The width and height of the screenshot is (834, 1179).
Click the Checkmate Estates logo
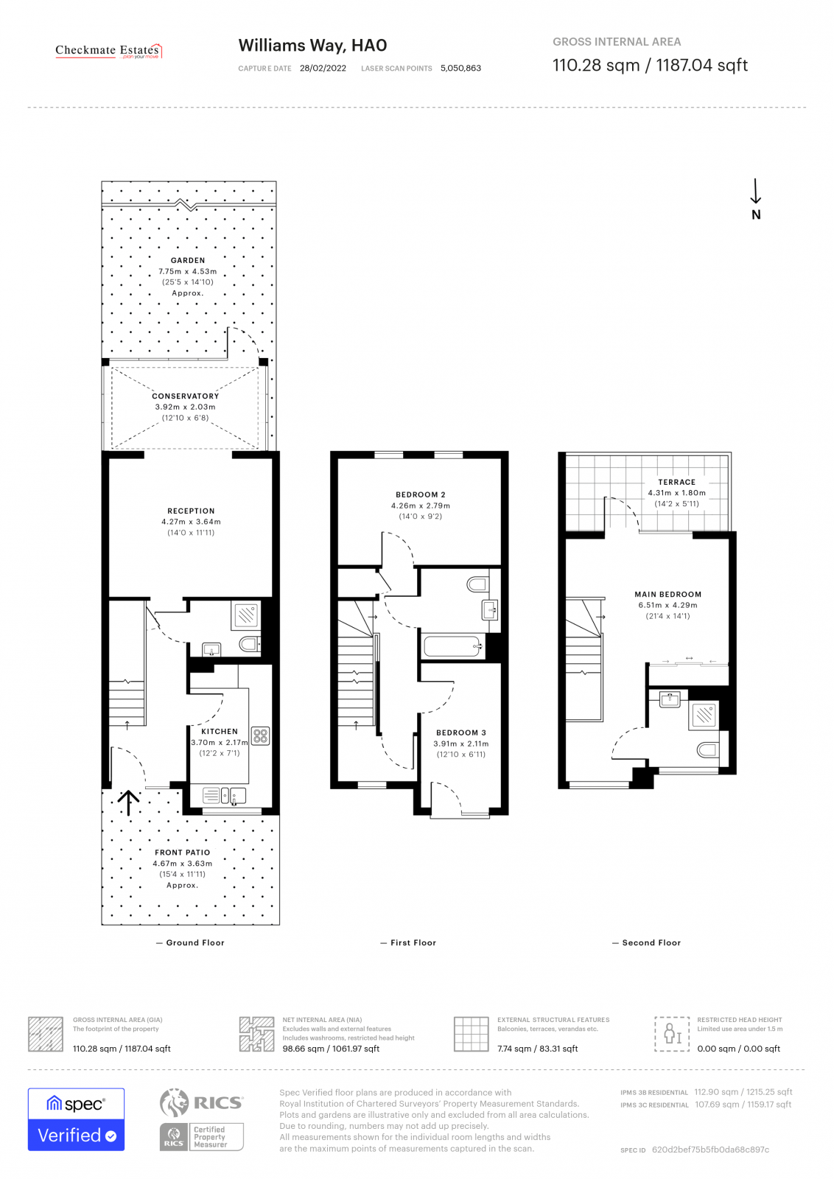point(108,51)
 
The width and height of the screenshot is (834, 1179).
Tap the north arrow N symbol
point(755,200)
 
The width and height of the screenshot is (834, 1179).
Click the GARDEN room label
point(188,260)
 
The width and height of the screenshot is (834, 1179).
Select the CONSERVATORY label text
point(185,396)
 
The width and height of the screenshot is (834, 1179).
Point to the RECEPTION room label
point(191,511)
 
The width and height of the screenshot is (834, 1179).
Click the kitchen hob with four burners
point(260,735)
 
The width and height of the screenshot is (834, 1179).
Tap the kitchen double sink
point(233,795)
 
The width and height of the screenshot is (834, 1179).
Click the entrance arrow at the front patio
point(129,802)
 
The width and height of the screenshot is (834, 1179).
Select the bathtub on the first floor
point(452,647)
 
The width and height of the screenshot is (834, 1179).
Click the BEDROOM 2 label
point(420,494)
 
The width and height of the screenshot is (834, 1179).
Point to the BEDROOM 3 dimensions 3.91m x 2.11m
point(460,744)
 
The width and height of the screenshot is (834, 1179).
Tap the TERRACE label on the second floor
point(676,482)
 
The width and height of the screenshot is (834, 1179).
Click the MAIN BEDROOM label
point(667,594)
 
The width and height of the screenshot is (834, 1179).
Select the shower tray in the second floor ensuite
point(704,714)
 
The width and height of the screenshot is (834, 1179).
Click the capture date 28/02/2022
point(323,68)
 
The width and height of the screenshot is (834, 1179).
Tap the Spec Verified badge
point(76,1119)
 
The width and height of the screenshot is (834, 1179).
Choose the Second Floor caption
point(651,942)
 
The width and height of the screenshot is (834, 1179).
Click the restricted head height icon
point(672,1033)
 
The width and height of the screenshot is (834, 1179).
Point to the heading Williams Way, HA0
point(312,46)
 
